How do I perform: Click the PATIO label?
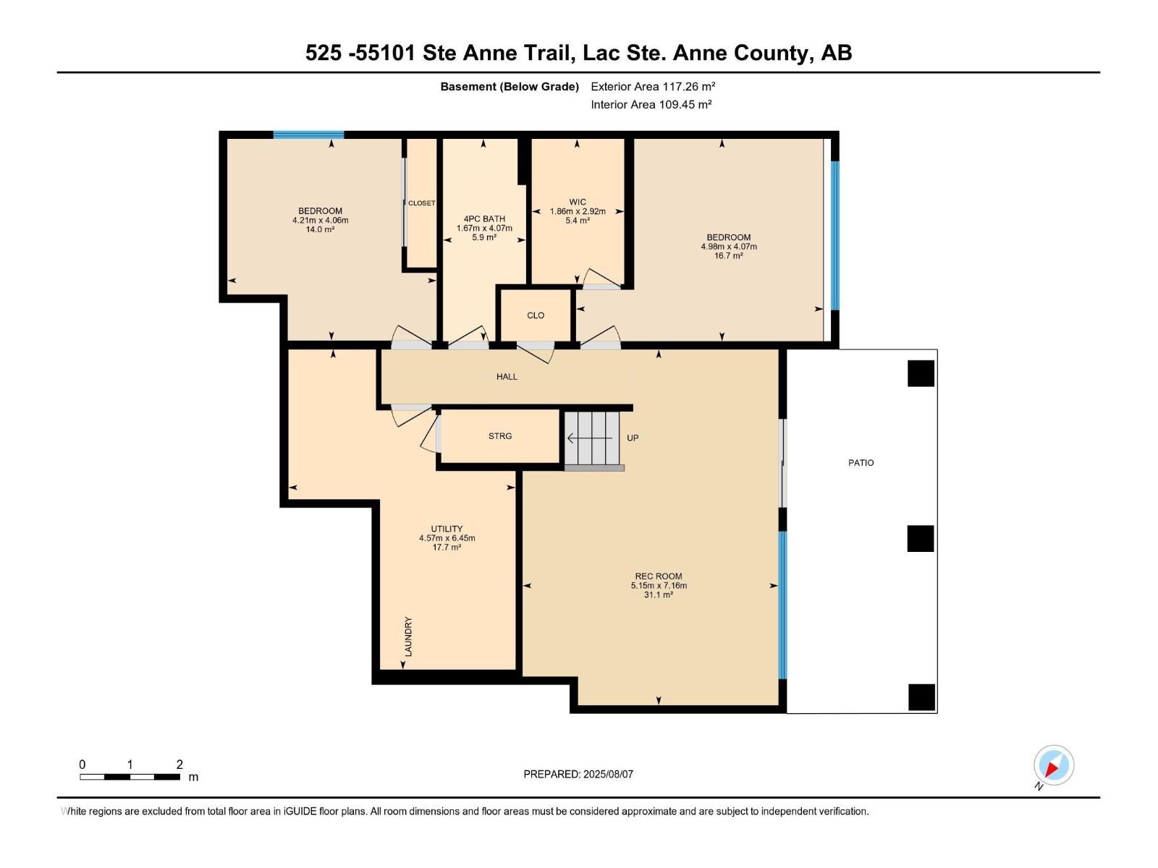(x=861, y=463)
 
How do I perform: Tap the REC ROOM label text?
(x=659, y=576)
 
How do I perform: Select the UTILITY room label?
(x=447, y=529)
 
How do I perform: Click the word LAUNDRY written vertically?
(x=408, y=637)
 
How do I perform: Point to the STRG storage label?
(x=500, y=436)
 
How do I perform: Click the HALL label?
(x=507, y=377)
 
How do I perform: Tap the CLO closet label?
(x=536, y=315)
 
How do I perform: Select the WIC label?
(x=578, y=203)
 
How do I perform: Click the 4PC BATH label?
(x=484, y=219)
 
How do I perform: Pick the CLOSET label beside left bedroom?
(x=421, y=203)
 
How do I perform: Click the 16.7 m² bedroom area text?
(x=728, y=256)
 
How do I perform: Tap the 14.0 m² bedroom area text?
(x=320, y=230)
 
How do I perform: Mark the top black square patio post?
(x=921, y=374)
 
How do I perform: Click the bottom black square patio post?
(x=921, y=697)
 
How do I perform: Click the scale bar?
(x=130, y=777)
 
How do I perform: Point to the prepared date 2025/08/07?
(x=578, y=774)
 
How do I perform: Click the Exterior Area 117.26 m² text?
(x=653, y=87)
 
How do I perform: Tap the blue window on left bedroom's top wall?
(x=308, y=135)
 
